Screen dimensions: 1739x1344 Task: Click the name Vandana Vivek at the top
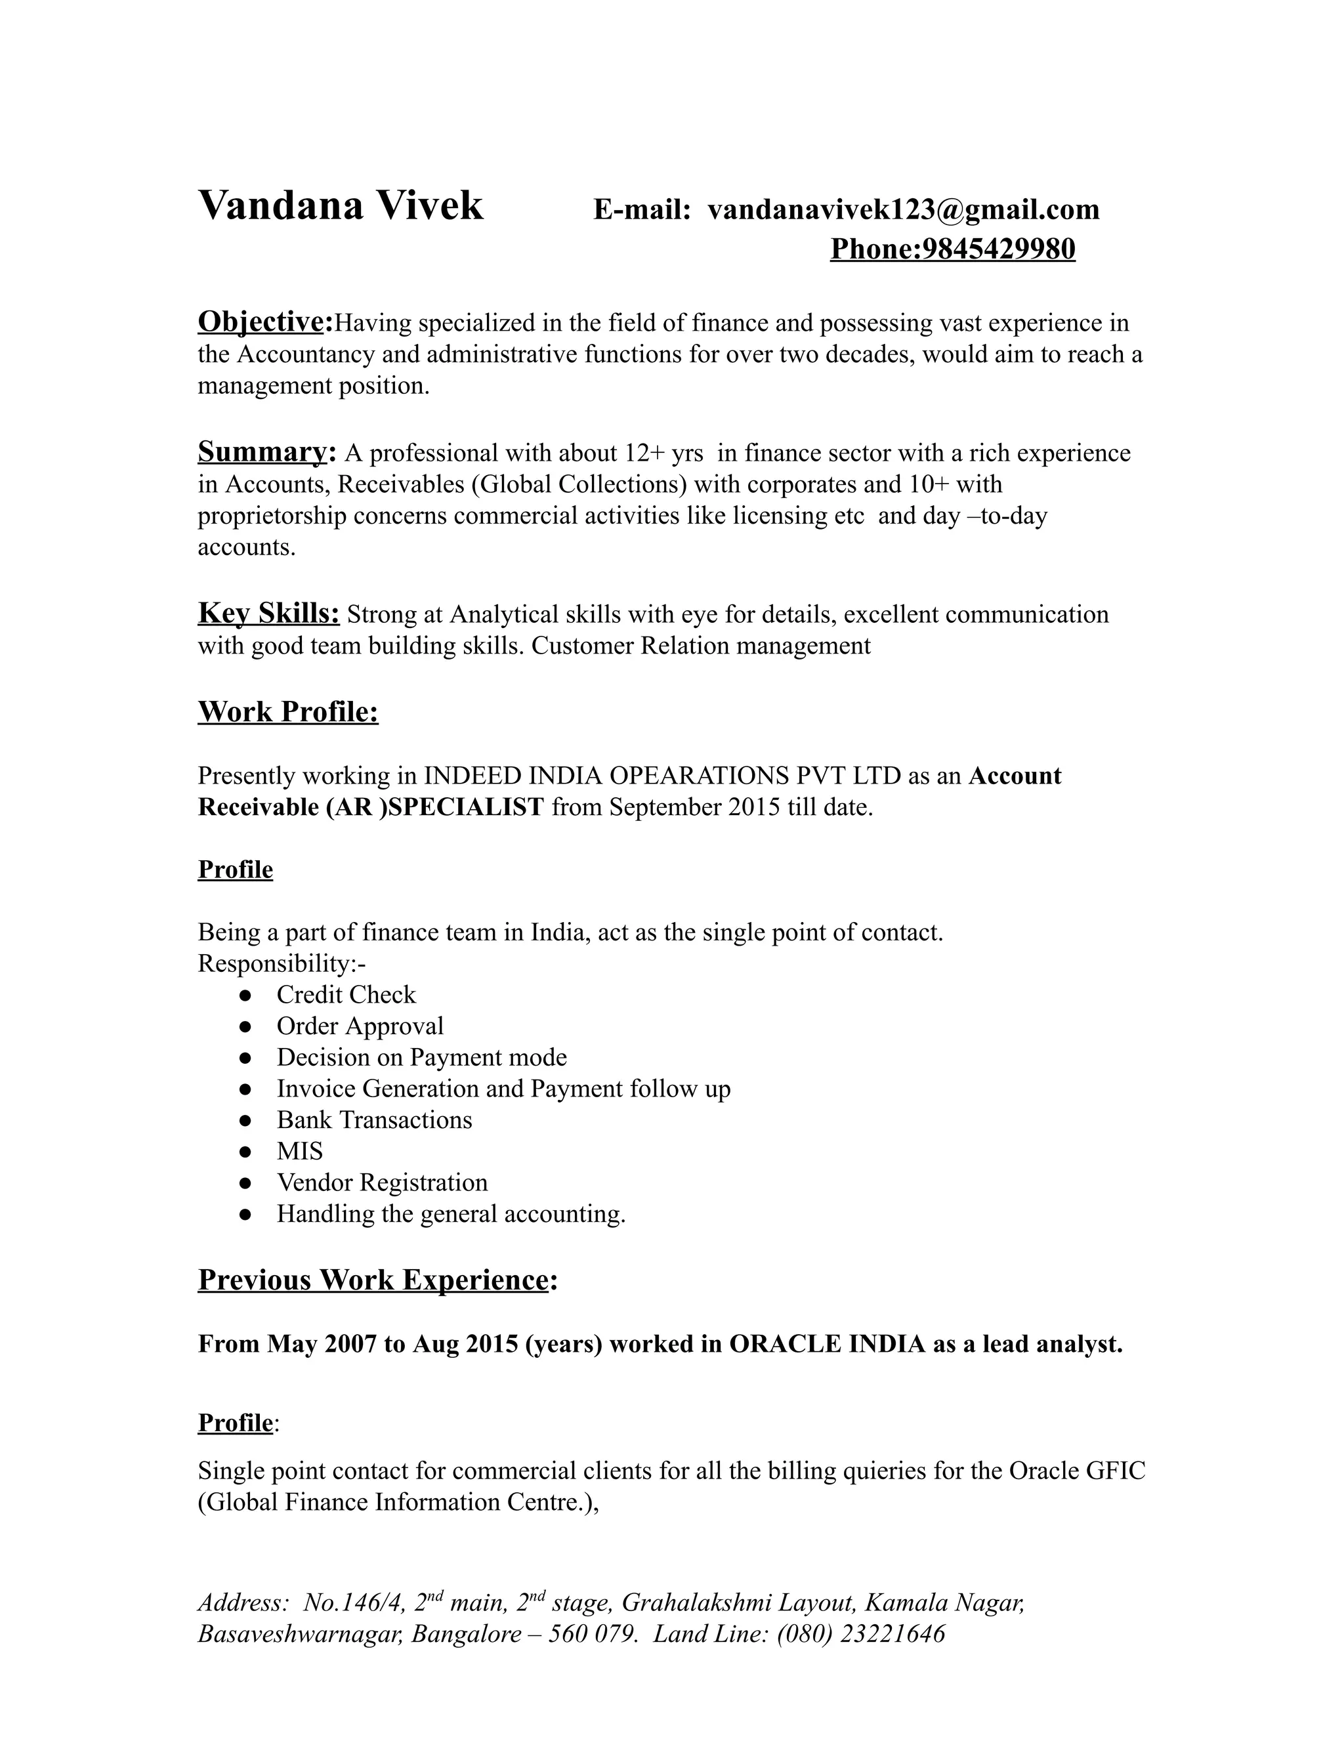point(340,205)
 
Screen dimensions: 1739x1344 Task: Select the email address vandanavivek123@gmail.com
point(903,209)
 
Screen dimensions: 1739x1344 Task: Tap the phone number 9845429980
point(997,249)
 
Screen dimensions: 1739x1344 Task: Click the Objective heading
point(264,322)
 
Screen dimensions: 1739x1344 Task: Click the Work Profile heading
point(287,711)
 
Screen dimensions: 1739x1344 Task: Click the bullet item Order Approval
point(360,1026)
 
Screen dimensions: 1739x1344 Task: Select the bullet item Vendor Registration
point(381,1183)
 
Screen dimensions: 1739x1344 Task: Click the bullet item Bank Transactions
point(374,1120)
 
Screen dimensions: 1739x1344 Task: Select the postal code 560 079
point(591,1634)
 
